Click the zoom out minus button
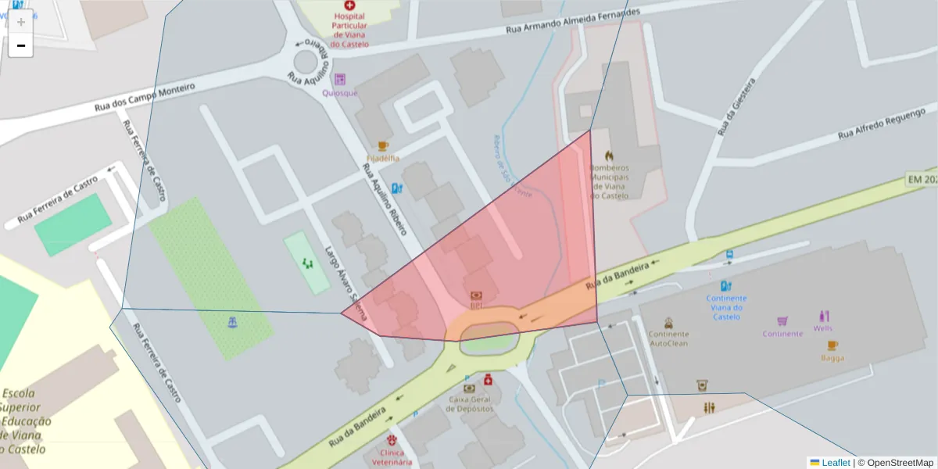[x=21, y=46]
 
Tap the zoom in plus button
[x=21, y=21]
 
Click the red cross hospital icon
[x=338, y=5]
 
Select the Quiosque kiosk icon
[x=339, y=79]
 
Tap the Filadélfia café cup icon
[x=383, y=146]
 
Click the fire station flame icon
[x=609, y=156]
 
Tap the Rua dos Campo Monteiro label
[x=144, y=98]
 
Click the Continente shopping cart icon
[x=782, y=320]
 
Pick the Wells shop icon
[x=823, y=316]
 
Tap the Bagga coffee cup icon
[x=832, y=345]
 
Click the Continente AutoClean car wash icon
[x=669, y=323]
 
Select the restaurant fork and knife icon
[x=709, y=407]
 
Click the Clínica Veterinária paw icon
[x=392, y=440]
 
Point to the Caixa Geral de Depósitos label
[x=471, y=403]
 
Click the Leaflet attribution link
[x=835, y=463]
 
